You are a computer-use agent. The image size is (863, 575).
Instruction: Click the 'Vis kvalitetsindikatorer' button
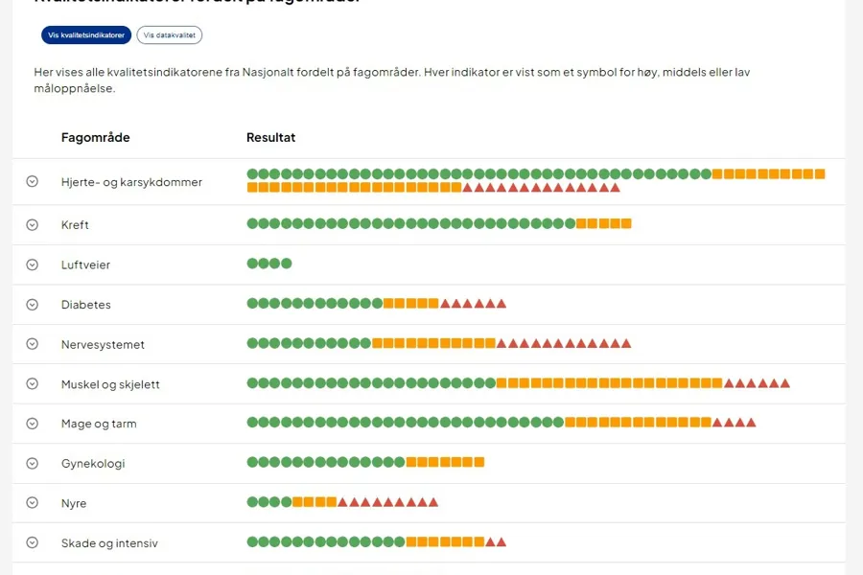click(x=87, y=35)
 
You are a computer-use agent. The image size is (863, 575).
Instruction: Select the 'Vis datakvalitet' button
click(x=170, y=35)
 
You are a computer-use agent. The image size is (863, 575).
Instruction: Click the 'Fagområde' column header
click(x=95, y=137)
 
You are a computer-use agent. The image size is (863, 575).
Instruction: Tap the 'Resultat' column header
click(x=271, y=137)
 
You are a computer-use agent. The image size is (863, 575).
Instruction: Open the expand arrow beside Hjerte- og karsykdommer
click(x=32, y=181)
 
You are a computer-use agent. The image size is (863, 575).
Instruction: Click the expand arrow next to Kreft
click(x=32, y=224)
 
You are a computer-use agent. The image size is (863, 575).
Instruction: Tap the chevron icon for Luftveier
click(x=32, y=264)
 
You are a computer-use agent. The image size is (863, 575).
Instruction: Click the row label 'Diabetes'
click(x=85, y=305)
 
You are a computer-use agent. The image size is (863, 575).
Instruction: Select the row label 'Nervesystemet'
click(x=103, y=344)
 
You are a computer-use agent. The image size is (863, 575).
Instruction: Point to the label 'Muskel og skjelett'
click(x=110, y=384)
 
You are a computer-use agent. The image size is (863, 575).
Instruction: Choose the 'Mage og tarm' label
click(x=99, y=424)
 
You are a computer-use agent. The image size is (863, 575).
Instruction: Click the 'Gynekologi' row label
click(x=93, y=464)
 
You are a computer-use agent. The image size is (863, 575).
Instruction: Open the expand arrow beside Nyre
click(x=32, y=503)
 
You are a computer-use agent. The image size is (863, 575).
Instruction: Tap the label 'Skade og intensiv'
click(x=109, y=543)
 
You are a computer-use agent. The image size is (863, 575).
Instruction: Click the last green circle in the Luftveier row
click(x=287, y=264)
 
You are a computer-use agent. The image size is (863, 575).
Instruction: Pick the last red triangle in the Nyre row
click(x=433, y=502)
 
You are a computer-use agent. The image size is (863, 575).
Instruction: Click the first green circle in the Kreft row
click(x=252, y=223)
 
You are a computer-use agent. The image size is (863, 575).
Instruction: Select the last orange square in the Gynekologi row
click(x=479, y=462)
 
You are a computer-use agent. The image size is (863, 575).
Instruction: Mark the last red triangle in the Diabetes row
click(x=501, y=304)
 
